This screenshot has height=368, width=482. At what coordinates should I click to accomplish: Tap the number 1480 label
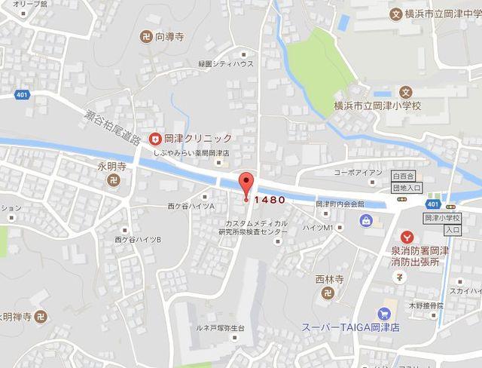click(269, 200)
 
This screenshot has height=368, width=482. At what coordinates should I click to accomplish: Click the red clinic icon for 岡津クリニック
click(154, 138)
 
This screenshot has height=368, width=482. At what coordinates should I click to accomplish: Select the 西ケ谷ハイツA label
click(191, 206)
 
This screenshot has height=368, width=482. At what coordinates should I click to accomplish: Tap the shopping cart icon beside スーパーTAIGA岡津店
click(386, 313)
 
